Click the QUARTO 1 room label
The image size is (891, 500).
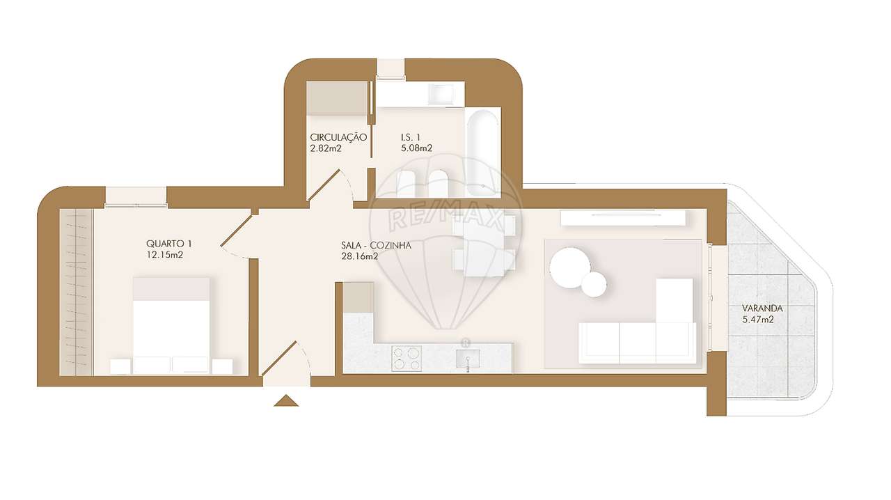[168, 244]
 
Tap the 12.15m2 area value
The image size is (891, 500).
[166, 255]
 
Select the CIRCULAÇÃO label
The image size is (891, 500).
[338, 138]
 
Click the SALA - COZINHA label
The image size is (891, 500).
[377, 245]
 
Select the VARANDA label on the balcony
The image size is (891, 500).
[762, 308]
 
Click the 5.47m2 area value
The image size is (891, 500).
[759, 320]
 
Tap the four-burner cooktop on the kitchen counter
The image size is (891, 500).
[407, 358]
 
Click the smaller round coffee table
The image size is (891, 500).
[594, 284]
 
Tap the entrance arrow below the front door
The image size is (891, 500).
[286, 400]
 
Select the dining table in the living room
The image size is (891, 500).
[484, 245]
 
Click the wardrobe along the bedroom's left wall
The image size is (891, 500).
[76, 292]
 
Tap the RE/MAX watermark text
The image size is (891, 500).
[445, 217]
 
